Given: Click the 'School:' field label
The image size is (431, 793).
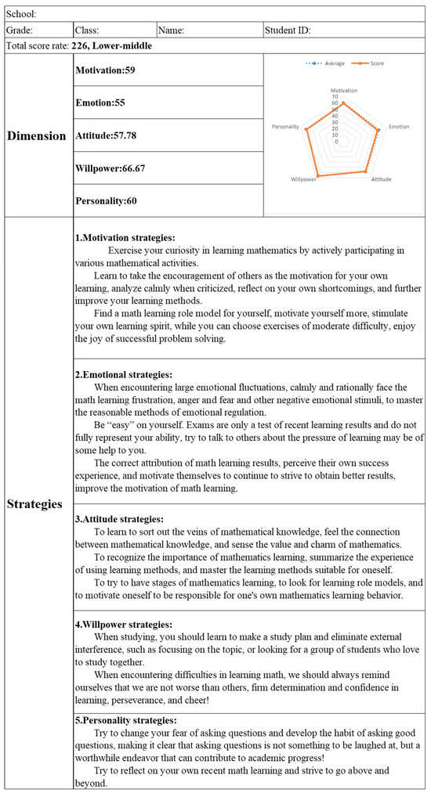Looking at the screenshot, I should coord(21,14).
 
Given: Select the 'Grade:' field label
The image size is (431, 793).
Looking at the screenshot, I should coord(19,31).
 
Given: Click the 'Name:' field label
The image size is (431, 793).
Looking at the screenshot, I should coord(172,31).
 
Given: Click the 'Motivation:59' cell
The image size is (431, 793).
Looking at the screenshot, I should coord(105,70).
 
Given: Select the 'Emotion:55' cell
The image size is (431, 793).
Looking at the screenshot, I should coord(100,103).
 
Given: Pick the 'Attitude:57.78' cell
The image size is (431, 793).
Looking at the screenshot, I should coord(107,135).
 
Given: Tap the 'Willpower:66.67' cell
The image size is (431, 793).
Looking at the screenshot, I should coord(110,168).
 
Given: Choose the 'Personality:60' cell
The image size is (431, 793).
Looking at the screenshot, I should coord(107,200).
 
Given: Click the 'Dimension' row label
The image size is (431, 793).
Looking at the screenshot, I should coord(37,135).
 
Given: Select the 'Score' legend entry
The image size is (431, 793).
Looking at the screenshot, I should coord(373,63).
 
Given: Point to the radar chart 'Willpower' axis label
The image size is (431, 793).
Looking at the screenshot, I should coord(304,179).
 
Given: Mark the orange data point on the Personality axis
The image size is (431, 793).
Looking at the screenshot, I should coord(306,129).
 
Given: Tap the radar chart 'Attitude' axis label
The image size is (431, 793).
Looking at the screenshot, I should coord(381,179).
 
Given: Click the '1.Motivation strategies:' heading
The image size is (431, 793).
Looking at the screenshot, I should coord(125,237).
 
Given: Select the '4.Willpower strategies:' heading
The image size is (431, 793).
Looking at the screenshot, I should coord(123,625).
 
